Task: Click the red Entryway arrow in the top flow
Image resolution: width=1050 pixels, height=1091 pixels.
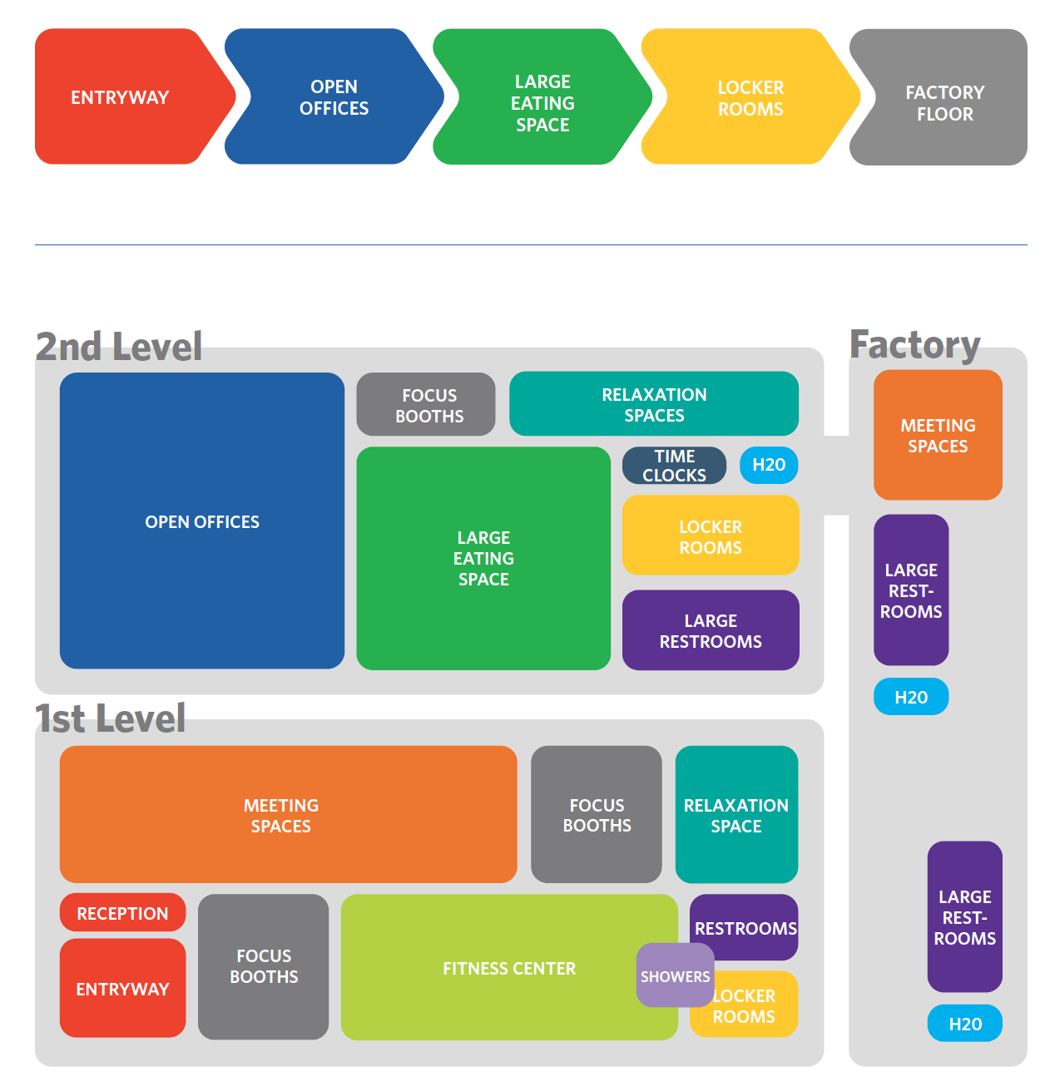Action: tap(121, 97)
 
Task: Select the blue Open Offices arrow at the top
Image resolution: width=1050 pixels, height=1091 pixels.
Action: tap(334, 97)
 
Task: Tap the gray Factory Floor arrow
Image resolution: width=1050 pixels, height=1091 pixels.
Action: tap(944, 102)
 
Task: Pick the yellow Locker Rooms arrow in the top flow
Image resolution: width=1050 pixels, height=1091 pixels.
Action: tap(750, 98)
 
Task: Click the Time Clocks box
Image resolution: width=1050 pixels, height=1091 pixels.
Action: tap(674, 466)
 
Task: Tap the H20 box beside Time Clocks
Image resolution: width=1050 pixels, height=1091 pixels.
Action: tap(769, 465)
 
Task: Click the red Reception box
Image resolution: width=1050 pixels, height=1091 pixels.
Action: tap(122, 913)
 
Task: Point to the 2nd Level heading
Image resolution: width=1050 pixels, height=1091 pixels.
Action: tap(119, 347)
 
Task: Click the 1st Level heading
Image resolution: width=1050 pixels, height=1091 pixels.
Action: tap(111, 718)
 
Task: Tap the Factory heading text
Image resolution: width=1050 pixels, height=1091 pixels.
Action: tap(914, 344)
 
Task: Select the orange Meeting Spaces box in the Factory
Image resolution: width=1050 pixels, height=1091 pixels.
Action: tap(938, 435)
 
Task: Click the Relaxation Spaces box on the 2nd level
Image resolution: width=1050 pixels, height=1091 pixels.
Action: tap(654, 404)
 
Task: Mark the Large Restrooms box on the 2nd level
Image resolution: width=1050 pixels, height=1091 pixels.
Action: tap(711, 630)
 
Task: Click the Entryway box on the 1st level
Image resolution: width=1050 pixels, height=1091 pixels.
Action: tap(122, 989)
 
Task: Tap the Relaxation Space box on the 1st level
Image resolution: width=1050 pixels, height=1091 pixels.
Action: tap(736, 815)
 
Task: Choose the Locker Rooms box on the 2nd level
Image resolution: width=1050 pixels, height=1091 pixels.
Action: tap(711, 536)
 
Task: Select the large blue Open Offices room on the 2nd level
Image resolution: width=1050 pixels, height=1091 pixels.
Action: tap(202, 521)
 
